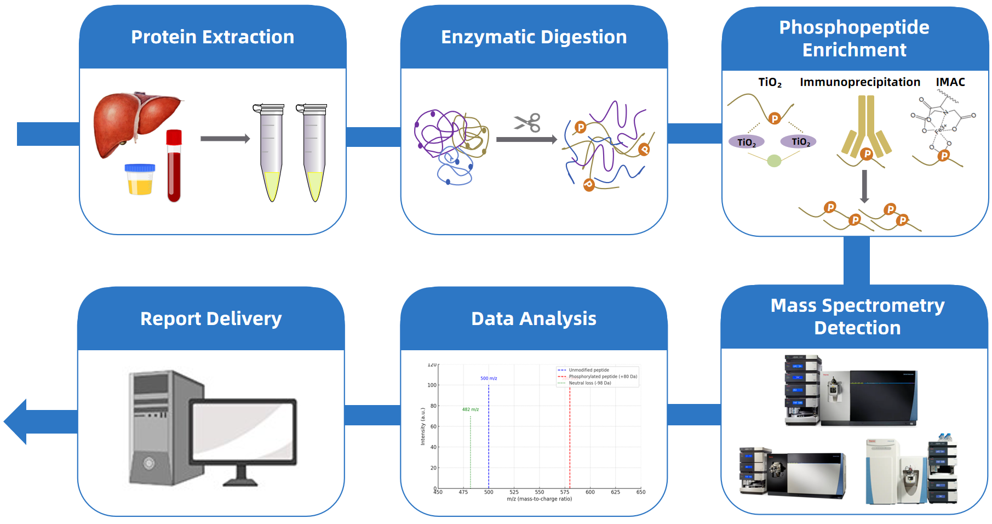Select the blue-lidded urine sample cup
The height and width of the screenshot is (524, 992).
coord(140,179)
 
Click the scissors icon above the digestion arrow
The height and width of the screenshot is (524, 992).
coord(527,123)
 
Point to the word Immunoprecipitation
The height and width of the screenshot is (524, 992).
coord(859,82)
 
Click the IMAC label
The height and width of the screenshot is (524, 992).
coord(950,82)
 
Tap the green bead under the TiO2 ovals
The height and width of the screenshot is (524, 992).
coord(773,161)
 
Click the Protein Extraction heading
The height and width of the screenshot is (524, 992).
coord(213,37)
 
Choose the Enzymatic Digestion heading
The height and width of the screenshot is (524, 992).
coord(534,37)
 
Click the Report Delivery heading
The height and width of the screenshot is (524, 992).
coord(211,318)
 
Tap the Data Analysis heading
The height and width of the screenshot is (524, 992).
coord(534,318)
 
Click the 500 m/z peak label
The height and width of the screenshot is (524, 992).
coord(489,378)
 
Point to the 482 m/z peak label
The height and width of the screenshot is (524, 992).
coord(470,409)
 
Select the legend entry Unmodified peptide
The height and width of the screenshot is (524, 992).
coord(588,370)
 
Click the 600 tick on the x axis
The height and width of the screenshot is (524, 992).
coord(590,492)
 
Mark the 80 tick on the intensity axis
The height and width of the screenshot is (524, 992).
coord(433,406)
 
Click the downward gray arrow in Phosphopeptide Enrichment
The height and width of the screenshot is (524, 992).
coord(864,187)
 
